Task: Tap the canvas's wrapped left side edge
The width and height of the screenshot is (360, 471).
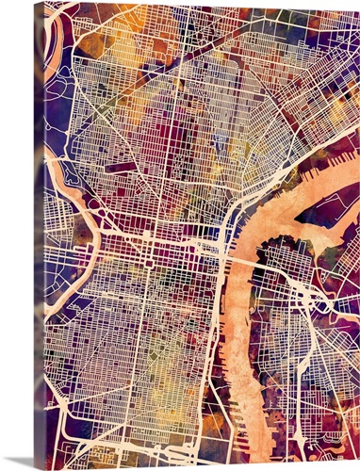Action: tap(39, 235)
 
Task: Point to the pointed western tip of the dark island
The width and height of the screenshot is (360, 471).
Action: tap(300, 221)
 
